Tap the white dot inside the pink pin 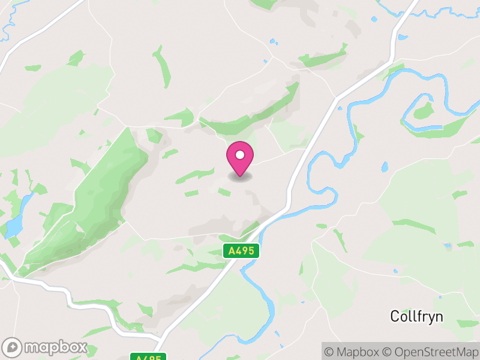[x=240, y=155]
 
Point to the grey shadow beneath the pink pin [x=240, y=177]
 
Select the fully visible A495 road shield [x=241, y=251]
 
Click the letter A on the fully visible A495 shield [x=232, y=251]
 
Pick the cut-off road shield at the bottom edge [x=147, y=357]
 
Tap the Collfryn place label [x=416, y=316]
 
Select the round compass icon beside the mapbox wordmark [x=13, y=347]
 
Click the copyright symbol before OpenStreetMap [x=388, y=351]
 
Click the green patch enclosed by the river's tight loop [x=424, y=110]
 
